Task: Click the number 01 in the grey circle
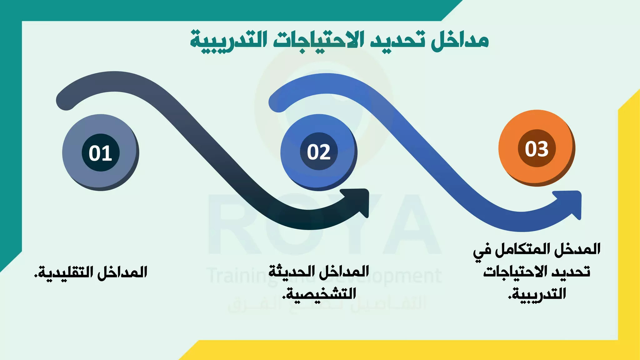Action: click(100, 153)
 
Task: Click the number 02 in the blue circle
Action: click(318, 152)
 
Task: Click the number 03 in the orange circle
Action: click(537, 149)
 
